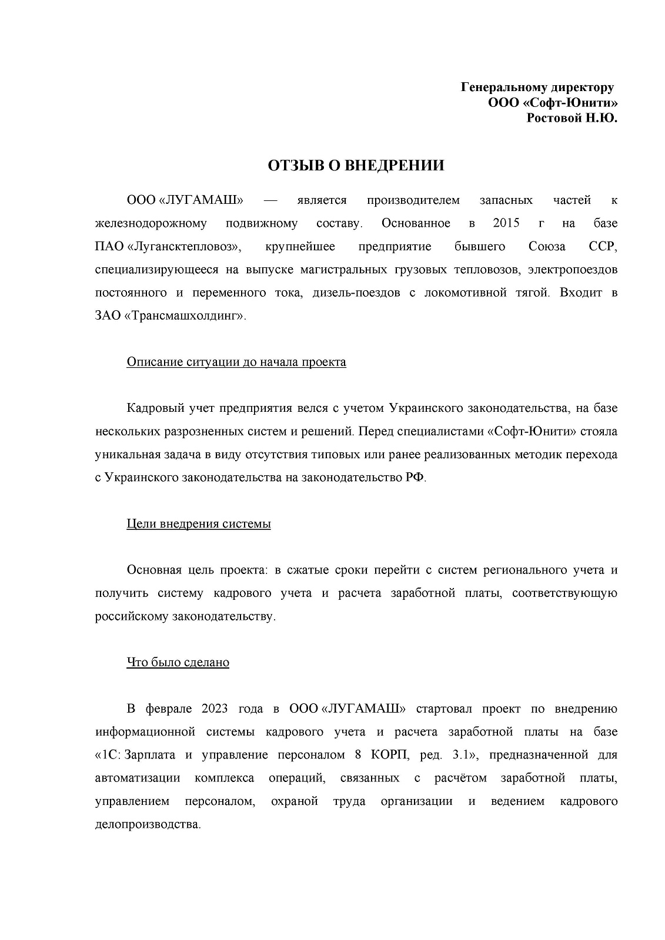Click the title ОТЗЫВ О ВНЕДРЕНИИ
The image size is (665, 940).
point(356,166)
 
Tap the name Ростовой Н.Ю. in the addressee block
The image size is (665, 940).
point(572,118)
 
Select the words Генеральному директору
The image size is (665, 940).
point(537,88)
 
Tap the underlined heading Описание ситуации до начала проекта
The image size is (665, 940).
point(236,362)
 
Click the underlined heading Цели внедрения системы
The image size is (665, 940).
point(199,523)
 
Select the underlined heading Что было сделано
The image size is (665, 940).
point(178,662)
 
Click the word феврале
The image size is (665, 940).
point(169,709)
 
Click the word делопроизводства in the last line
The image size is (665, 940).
point(148,824)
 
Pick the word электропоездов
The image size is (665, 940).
point(573,270)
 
